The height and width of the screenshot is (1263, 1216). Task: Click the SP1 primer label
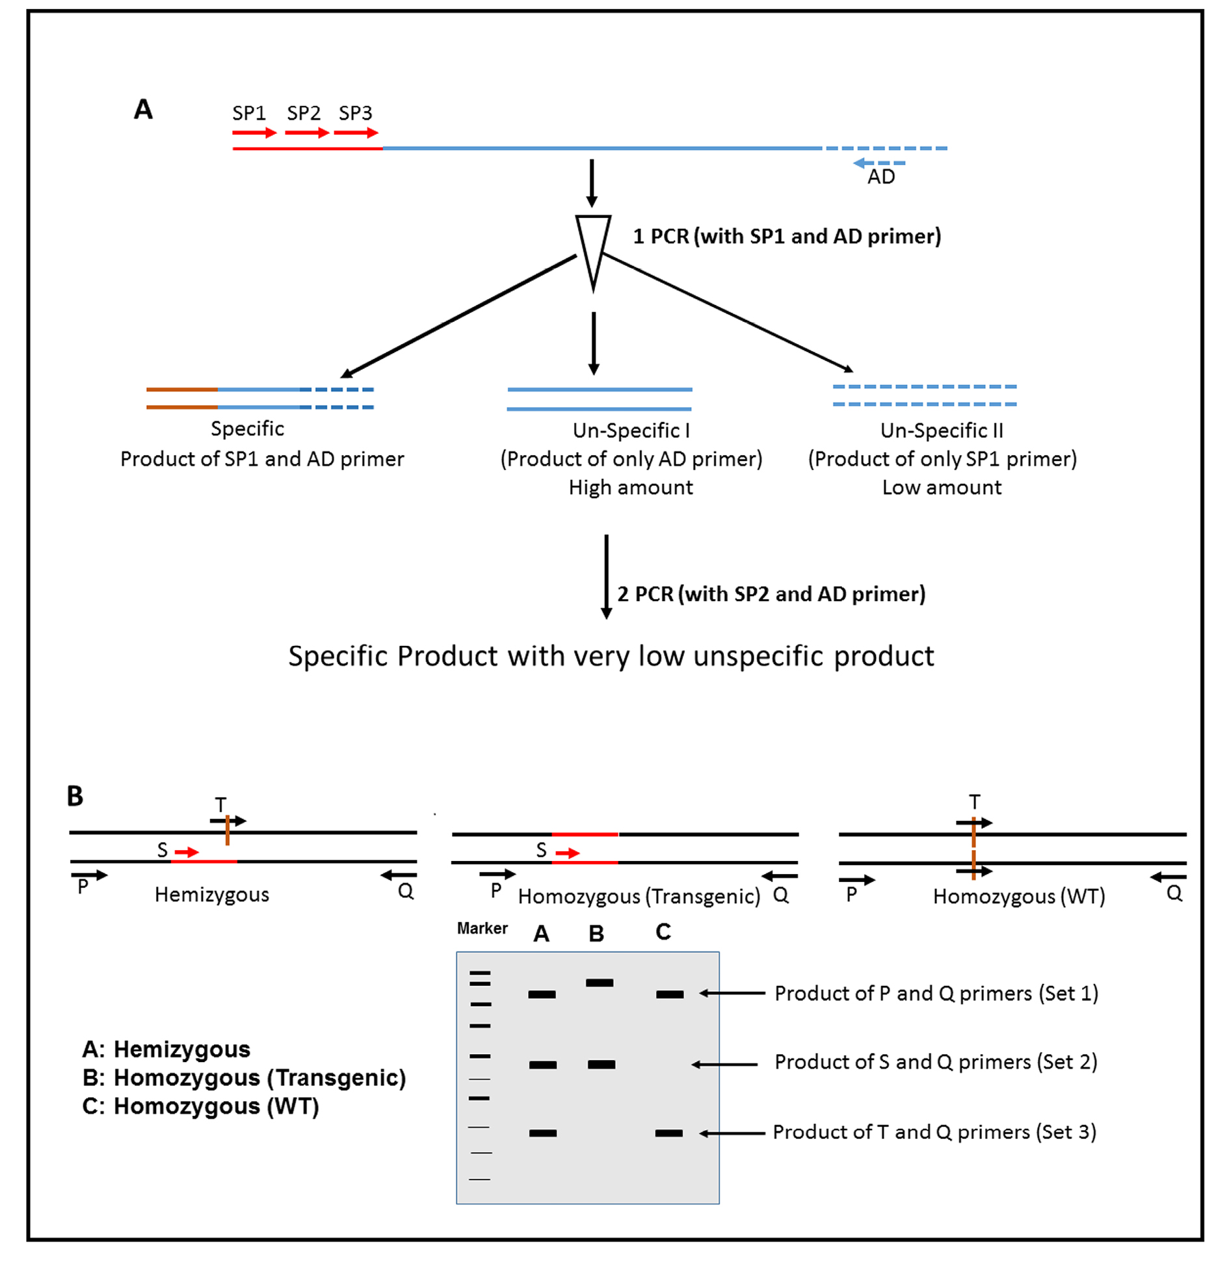click(248, 113)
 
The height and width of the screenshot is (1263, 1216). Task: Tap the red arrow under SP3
click(355, 133)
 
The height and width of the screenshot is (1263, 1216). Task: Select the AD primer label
click(880, 177)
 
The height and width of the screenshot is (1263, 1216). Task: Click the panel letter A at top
click(143, 109)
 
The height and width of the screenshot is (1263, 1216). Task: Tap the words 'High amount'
click(630, 487)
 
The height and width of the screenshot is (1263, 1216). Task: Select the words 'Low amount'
click(941, 487)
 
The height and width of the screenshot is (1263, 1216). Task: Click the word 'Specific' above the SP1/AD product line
click(247, 429)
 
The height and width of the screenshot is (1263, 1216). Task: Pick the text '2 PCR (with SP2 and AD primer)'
click(771, 594)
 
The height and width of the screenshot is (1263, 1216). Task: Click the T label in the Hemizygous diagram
click(220, 804)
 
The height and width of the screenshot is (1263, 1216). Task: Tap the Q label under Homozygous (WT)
click(1174, 893)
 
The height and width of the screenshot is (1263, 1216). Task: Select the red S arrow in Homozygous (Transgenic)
click(567, 853)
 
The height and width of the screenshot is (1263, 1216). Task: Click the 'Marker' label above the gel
click(482, 928)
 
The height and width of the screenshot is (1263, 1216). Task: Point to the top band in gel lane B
click(599, 983)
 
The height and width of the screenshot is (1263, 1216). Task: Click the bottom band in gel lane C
click(668, 1133)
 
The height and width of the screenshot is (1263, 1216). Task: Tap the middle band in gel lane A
click(542, 1065)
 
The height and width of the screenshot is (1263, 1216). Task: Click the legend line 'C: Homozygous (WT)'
click(200, 1106)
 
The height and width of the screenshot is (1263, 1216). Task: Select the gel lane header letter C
click(663, 932)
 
